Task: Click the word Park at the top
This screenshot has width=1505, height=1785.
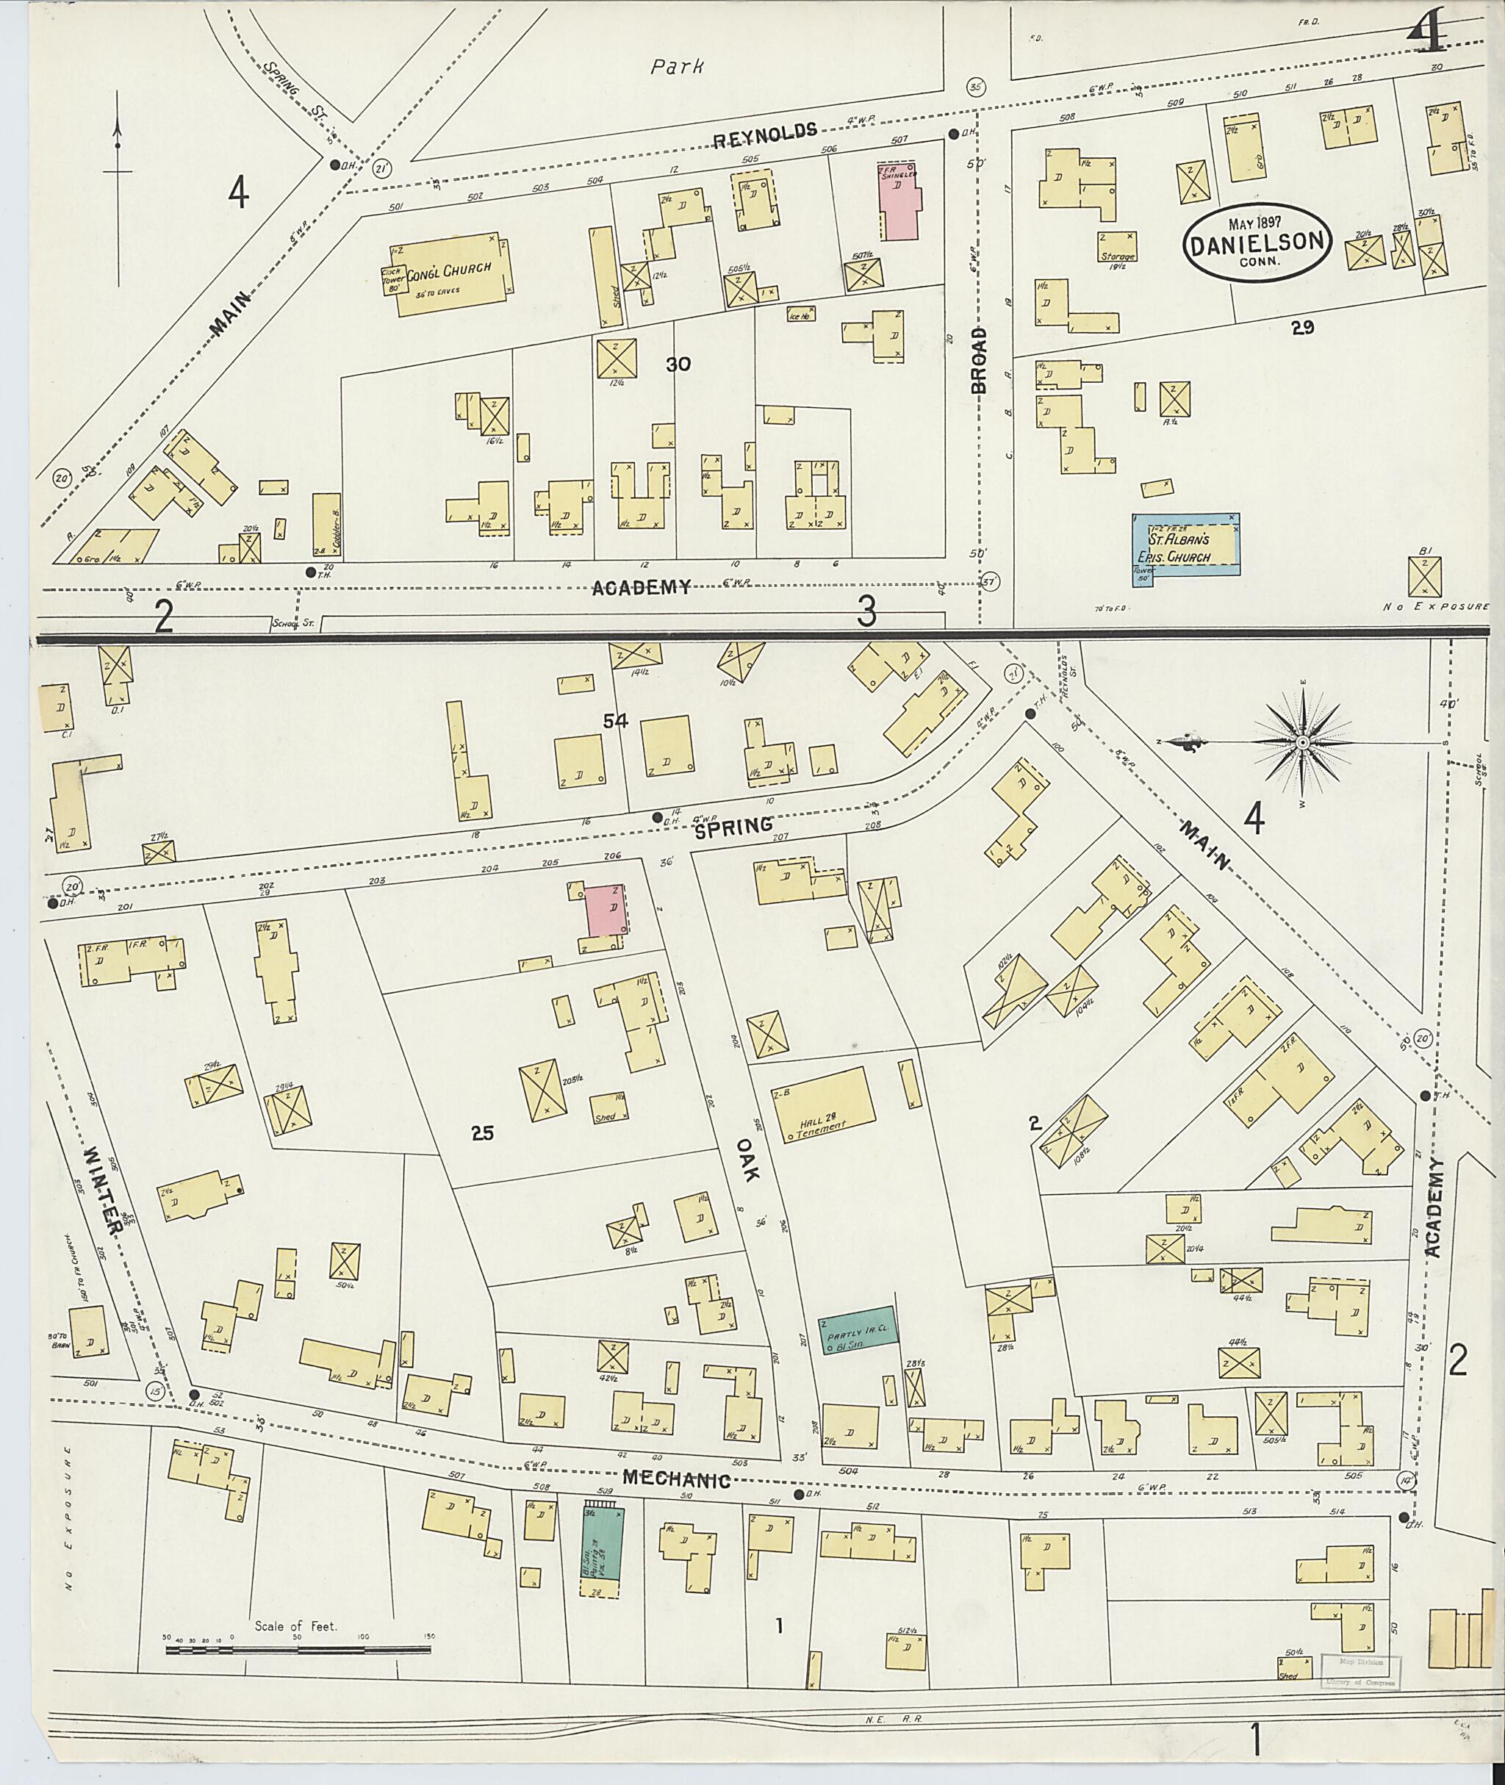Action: tap(677, 67)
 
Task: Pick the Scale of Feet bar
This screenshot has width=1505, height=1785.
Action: tap(298, 1651)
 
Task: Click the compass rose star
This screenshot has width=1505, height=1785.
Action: tap(1302, 744)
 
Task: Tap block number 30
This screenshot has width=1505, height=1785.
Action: tap(678, 364)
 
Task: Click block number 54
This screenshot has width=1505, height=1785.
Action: tap(615, 721)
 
